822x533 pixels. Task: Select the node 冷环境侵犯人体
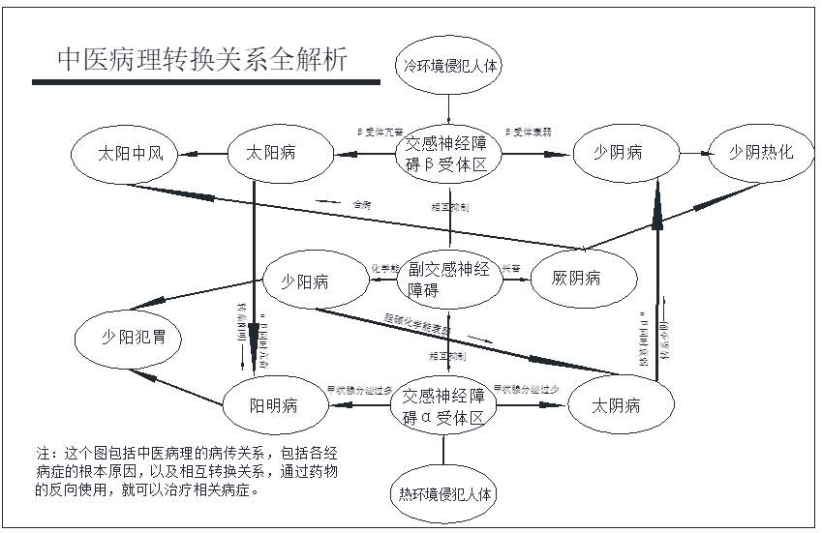pos(451,66)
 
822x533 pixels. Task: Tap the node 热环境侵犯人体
pos(446,493)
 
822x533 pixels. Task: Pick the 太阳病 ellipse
pos(272,152)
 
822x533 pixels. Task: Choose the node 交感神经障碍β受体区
pos(452,152)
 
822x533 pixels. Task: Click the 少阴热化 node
pos(761,152)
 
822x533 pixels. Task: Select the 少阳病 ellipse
pos(305,281)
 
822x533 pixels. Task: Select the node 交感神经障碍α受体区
pos(444,405)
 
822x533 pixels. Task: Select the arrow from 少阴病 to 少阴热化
pos(689,152)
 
